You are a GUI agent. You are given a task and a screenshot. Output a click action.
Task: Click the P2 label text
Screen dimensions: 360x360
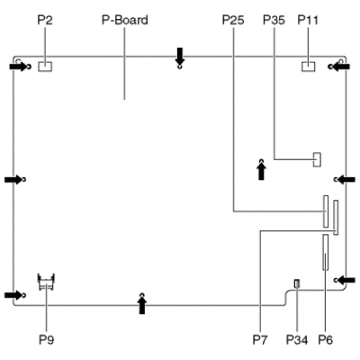pos(45,20)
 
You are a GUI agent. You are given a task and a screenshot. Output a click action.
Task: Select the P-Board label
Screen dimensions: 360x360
pos(125,20)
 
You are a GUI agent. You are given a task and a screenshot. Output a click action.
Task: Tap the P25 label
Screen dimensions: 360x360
pos(233,20)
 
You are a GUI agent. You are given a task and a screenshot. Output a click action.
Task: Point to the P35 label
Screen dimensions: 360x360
pos(274,20)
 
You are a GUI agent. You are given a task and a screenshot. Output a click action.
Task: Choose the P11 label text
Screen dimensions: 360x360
pos(308,20)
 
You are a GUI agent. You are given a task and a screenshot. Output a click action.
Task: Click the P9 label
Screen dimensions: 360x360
pos(47,340)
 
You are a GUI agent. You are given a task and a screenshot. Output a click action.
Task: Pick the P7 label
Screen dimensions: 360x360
pos(260,340)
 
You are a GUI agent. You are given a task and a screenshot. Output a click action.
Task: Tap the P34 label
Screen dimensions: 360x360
pos(297,340)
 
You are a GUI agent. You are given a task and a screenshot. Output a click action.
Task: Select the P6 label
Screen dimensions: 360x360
pos(326,340)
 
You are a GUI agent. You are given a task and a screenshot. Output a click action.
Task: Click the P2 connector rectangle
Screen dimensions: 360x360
pos(45,67)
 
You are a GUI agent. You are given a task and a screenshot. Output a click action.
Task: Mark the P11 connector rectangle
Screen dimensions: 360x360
pos(309,67)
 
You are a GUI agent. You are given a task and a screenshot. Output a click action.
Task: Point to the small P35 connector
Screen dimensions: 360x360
pos(317,159)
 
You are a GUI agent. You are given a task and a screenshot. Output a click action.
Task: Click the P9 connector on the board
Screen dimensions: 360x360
pos(46,282)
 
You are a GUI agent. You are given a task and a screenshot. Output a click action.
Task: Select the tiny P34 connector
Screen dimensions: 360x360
pos(297,283)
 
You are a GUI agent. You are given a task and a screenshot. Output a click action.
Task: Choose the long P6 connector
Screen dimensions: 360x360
pos(326,252)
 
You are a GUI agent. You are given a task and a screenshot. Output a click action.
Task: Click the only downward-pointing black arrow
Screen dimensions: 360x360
pos(180,56)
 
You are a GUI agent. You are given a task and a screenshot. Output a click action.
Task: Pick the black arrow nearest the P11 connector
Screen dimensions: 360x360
pos(340,67)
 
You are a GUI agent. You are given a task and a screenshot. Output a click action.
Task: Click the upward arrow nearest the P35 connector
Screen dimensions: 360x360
pos(262,171)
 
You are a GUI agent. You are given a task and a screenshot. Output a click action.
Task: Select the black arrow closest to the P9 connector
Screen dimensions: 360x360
pos(13,295)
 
